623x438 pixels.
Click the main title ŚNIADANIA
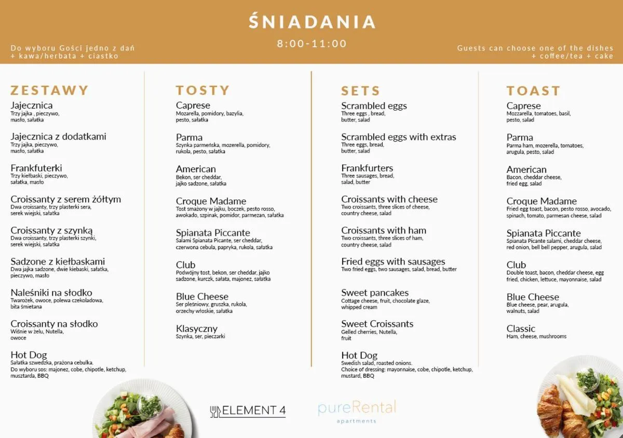[311, 22]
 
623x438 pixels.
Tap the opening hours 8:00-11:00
[311, 44]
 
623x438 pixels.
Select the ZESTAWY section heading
[50, 90]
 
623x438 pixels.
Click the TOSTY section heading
[202, 90]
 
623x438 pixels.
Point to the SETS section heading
[360, 91]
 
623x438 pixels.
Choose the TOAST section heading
[534, 91]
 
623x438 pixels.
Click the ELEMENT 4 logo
[248, 410]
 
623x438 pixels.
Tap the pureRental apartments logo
[357, 411]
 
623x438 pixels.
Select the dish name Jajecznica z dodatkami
[58, 136]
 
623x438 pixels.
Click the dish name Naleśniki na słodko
[51, 293]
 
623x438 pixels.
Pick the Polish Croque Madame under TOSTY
[211, 201]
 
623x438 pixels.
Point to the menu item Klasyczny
[196, 328]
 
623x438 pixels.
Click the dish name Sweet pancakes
[375, 293]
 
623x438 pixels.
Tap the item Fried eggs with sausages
[393, 262]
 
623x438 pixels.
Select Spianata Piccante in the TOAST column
[544, 234]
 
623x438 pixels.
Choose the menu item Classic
[521, 328]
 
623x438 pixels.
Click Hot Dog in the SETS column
[359, 355]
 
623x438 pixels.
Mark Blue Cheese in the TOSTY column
[202, 297]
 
